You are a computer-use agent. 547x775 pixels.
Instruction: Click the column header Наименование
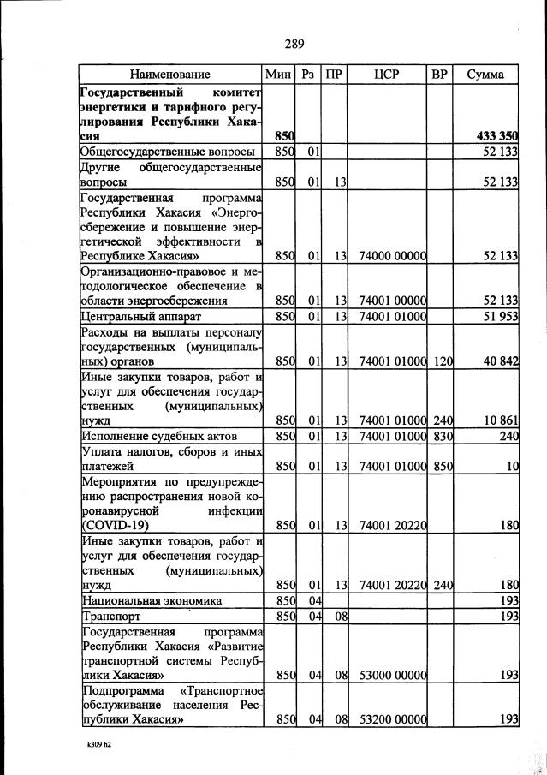(x=170, y=75)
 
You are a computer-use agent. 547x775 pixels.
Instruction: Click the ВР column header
(x=440, y=75)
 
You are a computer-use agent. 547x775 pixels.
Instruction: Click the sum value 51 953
(x=501, y=317)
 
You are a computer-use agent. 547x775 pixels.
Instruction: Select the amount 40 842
(x=501, y=362)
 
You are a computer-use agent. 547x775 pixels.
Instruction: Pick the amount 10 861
(x=501, y=420)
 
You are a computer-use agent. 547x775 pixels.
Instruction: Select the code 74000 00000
(x=393, y=255)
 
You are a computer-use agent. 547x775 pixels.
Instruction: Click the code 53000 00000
(x=393, y=675)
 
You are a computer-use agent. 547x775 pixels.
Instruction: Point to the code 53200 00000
(x=393, y=720)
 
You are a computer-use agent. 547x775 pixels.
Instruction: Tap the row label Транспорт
(x=110, y=616)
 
